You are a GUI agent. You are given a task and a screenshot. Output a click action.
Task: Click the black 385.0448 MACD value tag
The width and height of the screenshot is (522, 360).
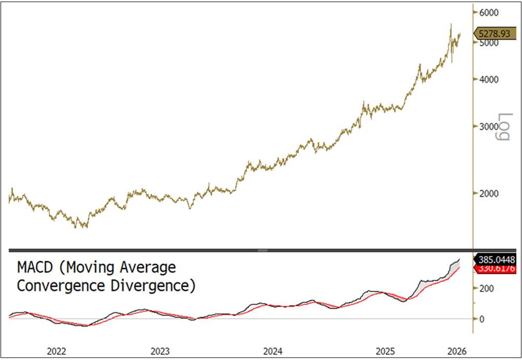(x=495, y=259)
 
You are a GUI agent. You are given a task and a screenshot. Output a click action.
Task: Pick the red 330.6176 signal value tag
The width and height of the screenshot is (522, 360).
(x=495, y=268)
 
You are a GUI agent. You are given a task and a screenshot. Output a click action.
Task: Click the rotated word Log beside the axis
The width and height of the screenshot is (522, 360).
(x=502, y=126)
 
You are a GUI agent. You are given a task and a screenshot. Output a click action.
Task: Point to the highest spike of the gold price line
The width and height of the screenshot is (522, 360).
(x=451, y=24)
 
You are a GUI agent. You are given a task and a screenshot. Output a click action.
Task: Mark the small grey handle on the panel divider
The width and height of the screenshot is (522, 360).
(x=263, y=250)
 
